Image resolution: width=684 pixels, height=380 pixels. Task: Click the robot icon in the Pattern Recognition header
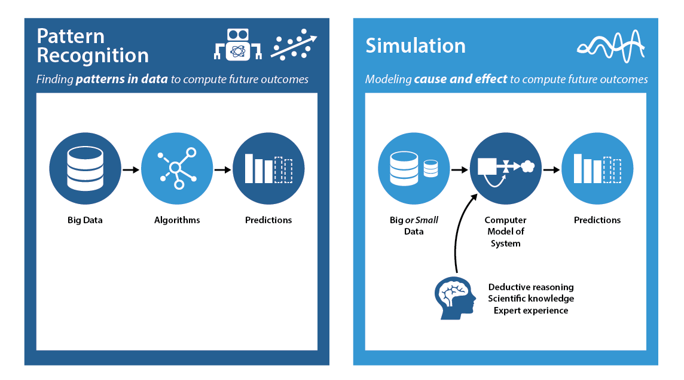click(238, 45)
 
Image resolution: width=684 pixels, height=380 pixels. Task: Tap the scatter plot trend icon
click(294, 45)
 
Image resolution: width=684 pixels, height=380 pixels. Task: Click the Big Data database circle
click(85, 169)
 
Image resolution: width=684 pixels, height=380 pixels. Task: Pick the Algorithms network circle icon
click(177, 169)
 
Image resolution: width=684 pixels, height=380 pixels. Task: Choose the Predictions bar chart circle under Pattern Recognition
click(268, 169)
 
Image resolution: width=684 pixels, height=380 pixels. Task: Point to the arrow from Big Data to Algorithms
click(130, 169)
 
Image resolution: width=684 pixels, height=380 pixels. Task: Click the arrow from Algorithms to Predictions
click(222, 169)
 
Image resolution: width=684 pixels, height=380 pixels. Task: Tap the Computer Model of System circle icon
click(506, 169)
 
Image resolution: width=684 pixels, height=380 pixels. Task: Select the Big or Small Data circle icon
click(414, 169)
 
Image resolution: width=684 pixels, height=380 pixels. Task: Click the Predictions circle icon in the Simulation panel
click(597, 169)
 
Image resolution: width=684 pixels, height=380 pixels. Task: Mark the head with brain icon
click(455, 297)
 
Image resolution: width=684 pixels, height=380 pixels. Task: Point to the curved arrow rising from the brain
click(459, 233)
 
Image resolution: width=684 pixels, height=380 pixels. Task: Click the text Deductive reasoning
click(531, 287)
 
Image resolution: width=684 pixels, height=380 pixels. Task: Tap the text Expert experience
click(531, 311)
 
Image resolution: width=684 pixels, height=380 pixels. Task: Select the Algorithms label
click(177, 220)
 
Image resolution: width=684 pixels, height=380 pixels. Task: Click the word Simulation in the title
click(416, 46)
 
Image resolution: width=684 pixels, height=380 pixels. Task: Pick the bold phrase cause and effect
click(461, 79)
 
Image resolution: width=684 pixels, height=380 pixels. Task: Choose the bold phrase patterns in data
click(122, 79)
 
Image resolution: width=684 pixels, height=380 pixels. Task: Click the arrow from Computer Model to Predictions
click(551, 169)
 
